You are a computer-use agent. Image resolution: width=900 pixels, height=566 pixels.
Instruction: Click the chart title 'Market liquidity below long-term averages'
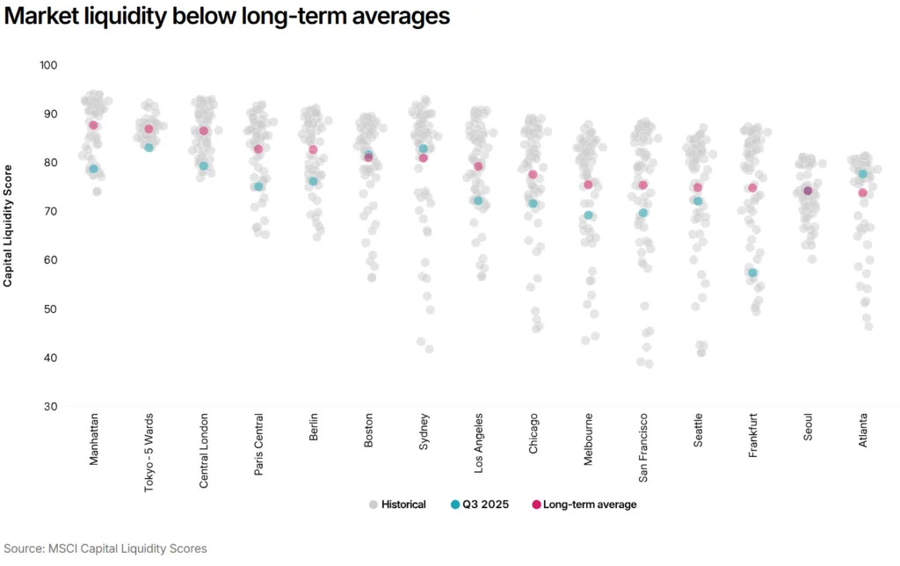[228, 17]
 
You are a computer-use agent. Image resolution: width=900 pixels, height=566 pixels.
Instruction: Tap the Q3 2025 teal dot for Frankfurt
[752, 273]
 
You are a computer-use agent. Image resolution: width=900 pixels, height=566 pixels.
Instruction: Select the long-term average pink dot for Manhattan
[93, 126]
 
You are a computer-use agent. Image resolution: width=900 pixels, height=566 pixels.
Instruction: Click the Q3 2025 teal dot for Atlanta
[862, 174]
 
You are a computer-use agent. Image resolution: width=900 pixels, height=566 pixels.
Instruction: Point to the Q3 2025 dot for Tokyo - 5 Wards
[149, 148]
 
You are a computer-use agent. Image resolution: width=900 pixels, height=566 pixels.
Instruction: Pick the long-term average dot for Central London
[204, 131]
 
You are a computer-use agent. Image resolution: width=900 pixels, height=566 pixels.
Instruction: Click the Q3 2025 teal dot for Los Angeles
[478, 201]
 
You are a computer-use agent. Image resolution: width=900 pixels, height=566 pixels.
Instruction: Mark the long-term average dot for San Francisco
[642, 185]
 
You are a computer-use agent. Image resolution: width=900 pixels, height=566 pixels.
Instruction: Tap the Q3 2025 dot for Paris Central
[258, 187]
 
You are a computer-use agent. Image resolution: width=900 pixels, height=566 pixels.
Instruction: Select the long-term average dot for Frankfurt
[752, 188]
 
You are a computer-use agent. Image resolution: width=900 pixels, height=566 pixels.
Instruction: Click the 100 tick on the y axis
[48, 66]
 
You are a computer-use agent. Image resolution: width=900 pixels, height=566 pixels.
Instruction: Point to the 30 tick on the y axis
[51, 407]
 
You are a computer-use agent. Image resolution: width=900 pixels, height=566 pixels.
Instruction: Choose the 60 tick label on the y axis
[51, 261]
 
